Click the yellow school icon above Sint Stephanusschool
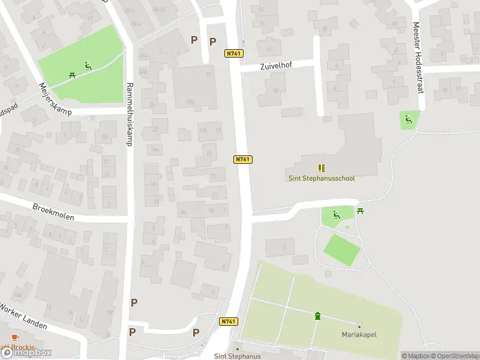click(x=321, y=168)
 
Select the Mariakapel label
click(x=359, y=334)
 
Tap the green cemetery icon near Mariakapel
click(x=317, y=316)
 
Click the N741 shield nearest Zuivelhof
click(x=234, y=53)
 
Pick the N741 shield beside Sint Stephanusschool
click(x=242, y=159)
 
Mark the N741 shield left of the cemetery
click(x=229, y=322)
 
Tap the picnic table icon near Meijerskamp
click(x=72, y=76)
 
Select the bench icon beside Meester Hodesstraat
click(x=409, y=119)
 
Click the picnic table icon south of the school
click(x=361, y=211)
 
